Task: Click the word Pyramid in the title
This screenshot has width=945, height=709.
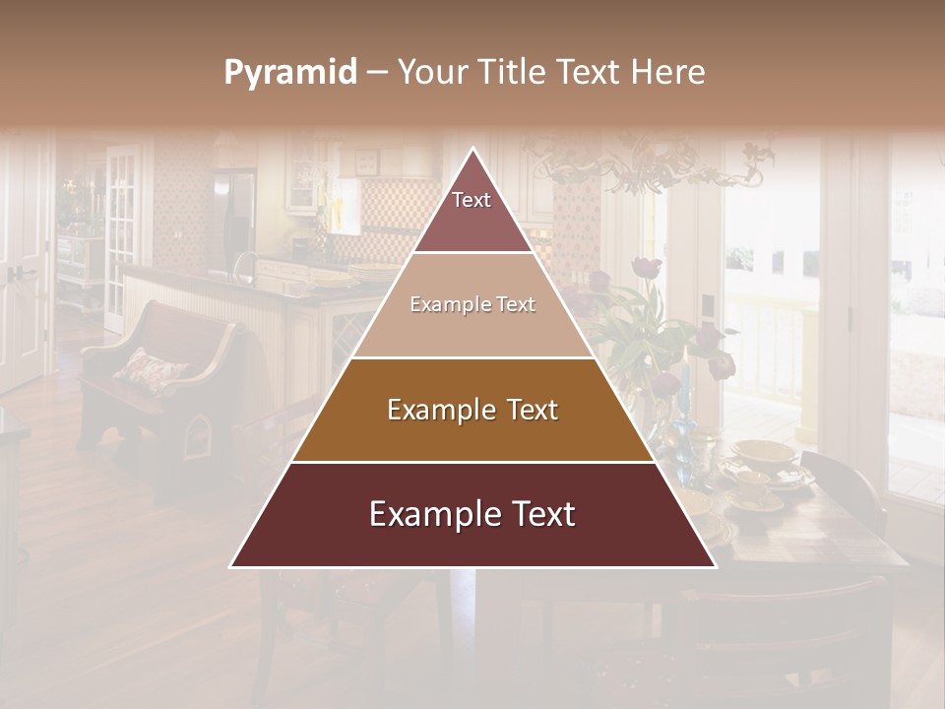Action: point(289,73)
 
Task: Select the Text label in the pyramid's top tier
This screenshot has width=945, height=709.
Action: point(472,200)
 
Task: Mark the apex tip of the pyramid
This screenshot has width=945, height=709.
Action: point(473,151)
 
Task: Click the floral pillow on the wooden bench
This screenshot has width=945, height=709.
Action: point(150,369)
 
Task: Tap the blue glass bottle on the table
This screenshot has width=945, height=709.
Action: point(681,433)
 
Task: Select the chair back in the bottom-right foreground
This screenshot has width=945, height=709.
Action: point(787,630)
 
